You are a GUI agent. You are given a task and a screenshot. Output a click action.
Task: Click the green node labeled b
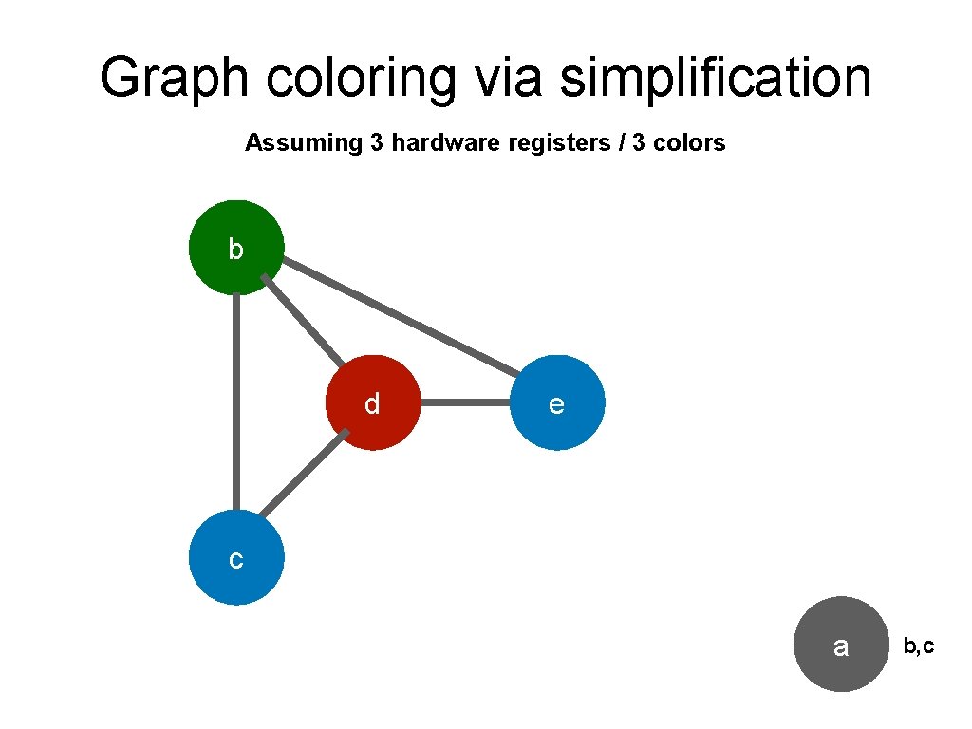tap(236, 247)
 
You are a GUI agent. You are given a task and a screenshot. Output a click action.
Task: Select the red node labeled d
tap(373, 402)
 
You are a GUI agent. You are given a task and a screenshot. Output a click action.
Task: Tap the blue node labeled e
tap(557, 402)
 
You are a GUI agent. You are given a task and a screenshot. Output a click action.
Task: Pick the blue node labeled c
tap(236, 557)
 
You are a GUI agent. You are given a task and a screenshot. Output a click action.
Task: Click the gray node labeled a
tap(840, 644)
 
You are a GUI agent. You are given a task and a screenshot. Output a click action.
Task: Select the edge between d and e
tap(465, 402)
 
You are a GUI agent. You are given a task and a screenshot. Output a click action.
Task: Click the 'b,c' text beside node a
tap(918, 646)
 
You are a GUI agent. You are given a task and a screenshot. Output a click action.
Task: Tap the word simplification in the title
tap(716, 77)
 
